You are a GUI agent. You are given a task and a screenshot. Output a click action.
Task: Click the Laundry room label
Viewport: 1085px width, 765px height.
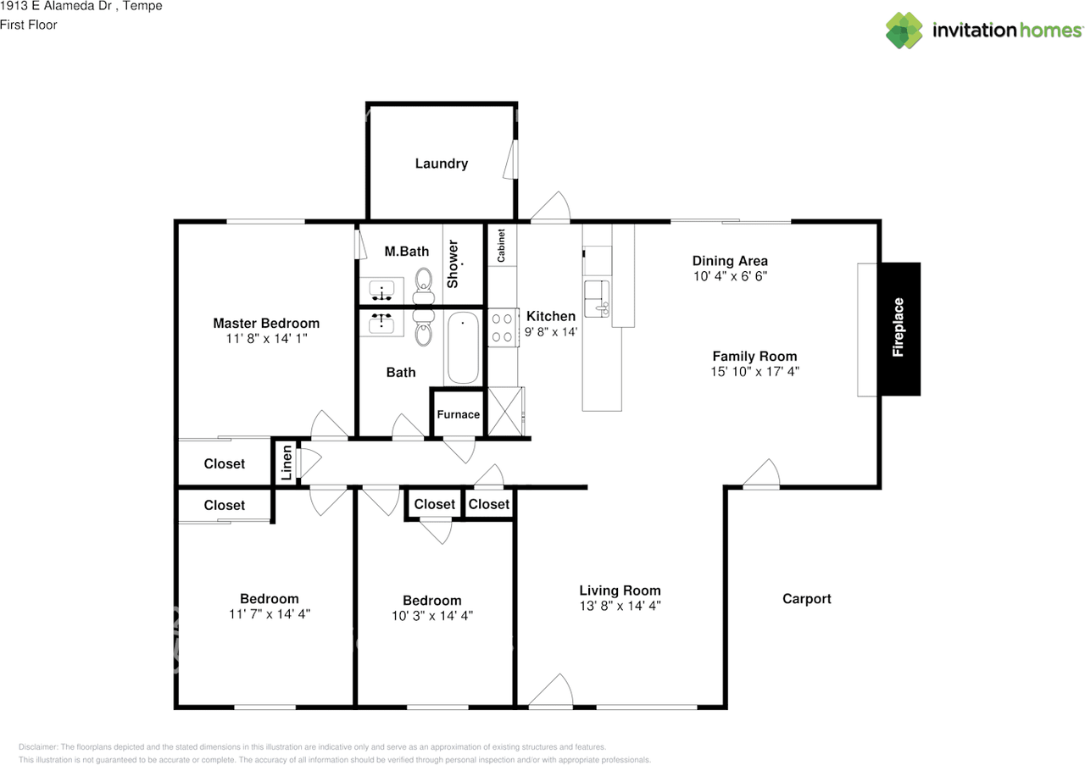point(442,164)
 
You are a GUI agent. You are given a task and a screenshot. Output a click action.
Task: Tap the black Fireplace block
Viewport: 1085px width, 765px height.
point(900,329)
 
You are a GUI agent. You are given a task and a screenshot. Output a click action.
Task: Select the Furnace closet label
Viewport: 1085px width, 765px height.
point(459,414)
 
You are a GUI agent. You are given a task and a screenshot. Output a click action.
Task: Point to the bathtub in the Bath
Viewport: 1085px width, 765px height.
point(463,348)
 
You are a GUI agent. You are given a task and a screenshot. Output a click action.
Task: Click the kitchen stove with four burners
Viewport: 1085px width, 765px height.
point(503,328)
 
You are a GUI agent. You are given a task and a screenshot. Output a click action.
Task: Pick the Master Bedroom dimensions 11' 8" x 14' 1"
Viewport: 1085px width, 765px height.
point(266,338)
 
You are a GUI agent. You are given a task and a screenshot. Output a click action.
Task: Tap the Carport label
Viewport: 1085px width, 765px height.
point(806,599)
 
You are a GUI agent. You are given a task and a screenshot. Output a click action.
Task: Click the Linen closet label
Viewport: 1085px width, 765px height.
point(287,463)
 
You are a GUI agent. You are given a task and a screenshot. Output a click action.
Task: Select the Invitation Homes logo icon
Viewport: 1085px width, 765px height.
point(904,30)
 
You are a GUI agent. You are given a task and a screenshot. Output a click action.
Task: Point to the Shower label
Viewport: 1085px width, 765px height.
point(453,264)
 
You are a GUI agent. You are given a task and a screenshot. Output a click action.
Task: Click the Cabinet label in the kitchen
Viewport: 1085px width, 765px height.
point(501,246)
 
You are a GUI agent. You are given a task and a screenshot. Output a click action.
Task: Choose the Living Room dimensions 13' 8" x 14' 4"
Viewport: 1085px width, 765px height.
point(620,606)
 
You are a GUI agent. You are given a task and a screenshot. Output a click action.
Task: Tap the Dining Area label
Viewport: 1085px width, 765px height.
point(730,261)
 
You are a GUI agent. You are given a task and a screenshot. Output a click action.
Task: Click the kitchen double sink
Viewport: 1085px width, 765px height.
point(597,299)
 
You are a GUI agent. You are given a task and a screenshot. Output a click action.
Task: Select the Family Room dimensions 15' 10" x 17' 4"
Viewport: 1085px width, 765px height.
point(754,371)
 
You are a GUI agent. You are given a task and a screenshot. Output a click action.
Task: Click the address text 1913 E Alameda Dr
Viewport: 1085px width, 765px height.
point(56,6)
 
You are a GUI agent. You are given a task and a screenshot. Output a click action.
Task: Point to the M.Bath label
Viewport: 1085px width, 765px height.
point(407,252)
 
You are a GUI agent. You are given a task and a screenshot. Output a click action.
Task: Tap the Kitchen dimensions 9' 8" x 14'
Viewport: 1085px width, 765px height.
point(551,331)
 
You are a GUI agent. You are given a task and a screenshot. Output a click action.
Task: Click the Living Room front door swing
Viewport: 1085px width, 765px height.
point(551,690)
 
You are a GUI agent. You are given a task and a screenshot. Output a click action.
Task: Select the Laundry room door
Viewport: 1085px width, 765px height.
point(510,160)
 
